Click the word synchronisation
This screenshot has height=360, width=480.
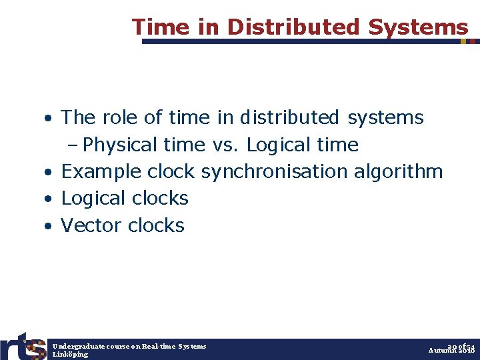(274, 171)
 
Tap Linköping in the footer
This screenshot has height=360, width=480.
(70, 354)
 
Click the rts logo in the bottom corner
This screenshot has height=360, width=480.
(23, 347)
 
